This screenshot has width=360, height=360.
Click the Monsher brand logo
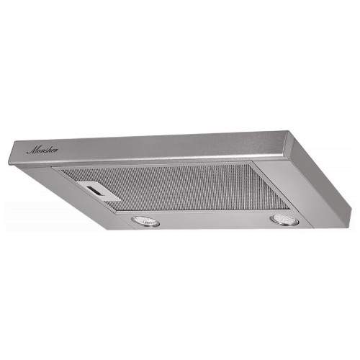coord(42,150)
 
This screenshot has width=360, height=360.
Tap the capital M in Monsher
coord(32,150)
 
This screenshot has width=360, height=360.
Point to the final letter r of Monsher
coord(56,150)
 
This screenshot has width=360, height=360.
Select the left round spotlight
coord(145,221)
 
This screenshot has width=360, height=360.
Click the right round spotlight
coord(284,220)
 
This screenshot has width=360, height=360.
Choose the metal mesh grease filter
coord(173,187)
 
